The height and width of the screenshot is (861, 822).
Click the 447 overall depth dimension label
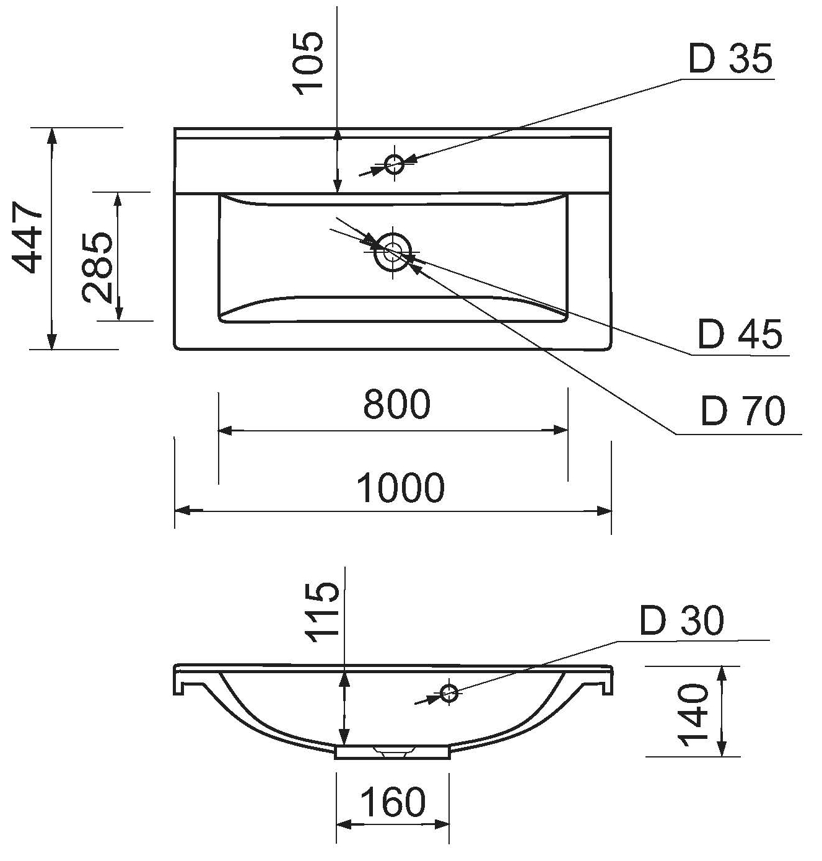[x=27, y=237]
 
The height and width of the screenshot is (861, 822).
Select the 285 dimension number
[x=97, y=267]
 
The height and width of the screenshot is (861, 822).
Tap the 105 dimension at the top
[x=308, y=64]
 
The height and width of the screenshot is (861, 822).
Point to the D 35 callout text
[x=730, y=58]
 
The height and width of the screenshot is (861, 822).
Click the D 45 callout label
[x=740, y=333]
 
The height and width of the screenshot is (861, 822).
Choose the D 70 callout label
[x=743, y=410]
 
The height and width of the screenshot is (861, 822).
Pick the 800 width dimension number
[x=396, y=404]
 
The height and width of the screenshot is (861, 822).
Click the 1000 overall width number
[x=400, y=488]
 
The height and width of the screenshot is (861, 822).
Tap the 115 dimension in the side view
[x=322, y=612]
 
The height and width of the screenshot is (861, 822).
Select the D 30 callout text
[x=682, y=620]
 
